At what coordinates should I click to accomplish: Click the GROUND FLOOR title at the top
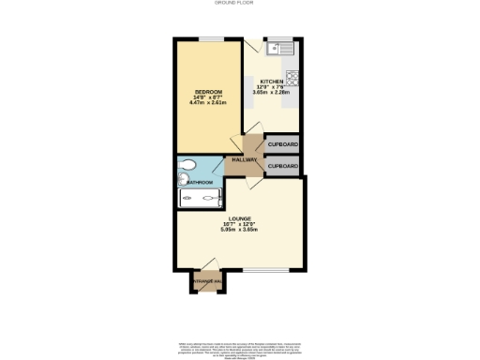pos(239,5)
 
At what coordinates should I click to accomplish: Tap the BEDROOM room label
pos(209,90)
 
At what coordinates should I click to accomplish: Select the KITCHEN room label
pos(271,81)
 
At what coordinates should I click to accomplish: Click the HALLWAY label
pos(246,160)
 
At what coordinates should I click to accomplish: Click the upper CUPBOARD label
pos(283,144)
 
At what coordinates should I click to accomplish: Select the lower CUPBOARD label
pos(283,167)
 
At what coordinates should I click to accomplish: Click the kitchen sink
pos(279,47)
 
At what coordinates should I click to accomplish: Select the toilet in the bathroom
pos(187,169)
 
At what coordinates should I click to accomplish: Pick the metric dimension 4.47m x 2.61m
pos(209,101)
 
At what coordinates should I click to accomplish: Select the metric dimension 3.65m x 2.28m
pos(271,92)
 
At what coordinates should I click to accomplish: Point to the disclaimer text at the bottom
pos(239,347)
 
